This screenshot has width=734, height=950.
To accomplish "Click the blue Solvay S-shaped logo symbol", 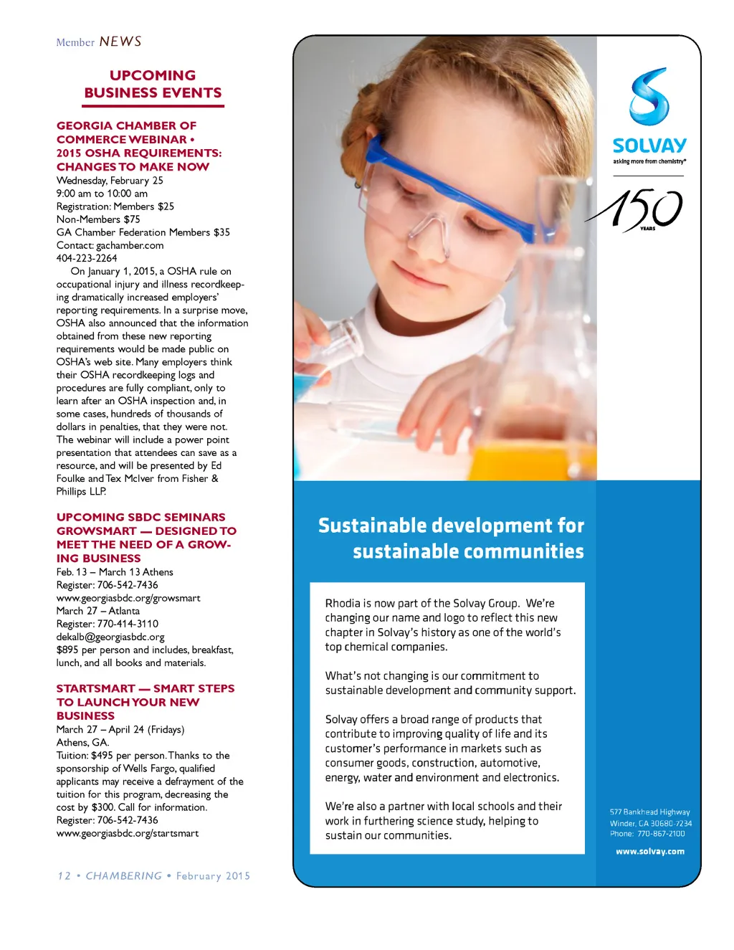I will click(x=649, y=96).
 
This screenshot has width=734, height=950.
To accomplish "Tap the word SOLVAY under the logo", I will click(x=649, y=146).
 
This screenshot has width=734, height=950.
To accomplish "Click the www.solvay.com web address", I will click(x=649, y=852).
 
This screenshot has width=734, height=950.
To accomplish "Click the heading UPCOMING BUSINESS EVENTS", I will click(x=153, y=85).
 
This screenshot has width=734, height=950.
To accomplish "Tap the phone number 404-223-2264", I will click(x=87, y=258).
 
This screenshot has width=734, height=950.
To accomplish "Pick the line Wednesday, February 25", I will click(x=110, y=181).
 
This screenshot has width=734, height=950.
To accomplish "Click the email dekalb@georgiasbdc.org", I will click(x=110, y=637).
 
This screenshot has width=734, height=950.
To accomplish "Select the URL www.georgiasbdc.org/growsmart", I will click(x=128, y=598).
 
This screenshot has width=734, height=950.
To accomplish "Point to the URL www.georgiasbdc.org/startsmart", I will click(x=128, y=833).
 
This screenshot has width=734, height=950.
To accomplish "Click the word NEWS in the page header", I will click(x=120, y=42).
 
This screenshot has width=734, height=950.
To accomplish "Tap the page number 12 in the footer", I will click(x=65, y=876).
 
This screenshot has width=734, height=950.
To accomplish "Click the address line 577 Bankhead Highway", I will click(x=649, y=812).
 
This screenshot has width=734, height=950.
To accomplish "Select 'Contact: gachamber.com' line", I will click(x=110, y=245).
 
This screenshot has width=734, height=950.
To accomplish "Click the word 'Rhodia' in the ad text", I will click(x=343, y=604).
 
